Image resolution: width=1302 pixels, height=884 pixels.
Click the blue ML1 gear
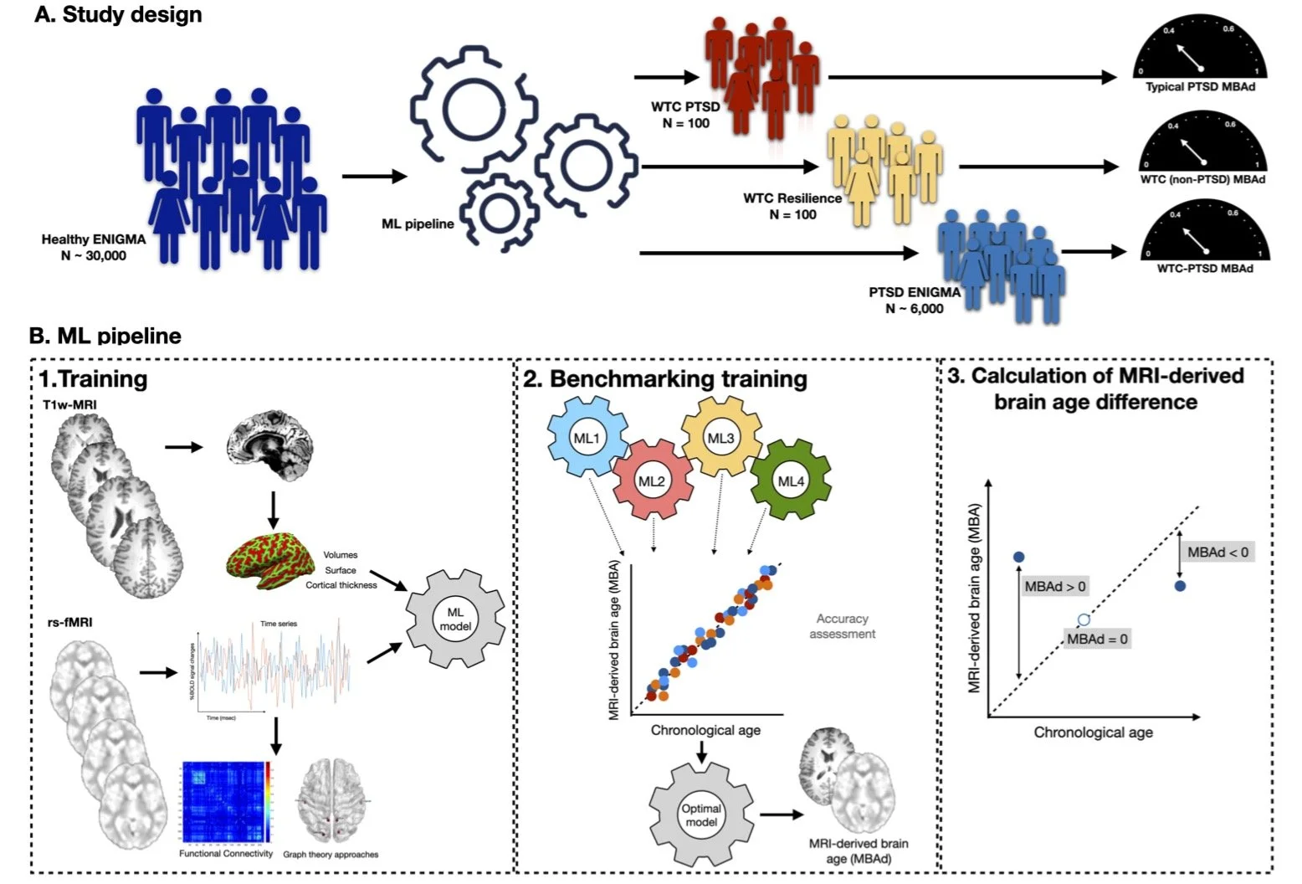click(587, 437)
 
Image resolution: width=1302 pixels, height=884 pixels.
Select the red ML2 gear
click(651, 481)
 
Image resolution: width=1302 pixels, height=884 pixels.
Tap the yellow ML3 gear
click(720, 437)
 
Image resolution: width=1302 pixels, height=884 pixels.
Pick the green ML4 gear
click(790, 481)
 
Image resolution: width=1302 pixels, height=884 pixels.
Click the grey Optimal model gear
click(701, 815)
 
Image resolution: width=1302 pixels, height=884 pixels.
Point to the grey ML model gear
click(455, 619)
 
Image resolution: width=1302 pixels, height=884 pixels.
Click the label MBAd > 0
click(1055, 587)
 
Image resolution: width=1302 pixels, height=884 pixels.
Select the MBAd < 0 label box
click(1217, 552)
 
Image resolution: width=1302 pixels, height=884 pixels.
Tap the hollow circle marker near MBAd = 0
click(1084, 620)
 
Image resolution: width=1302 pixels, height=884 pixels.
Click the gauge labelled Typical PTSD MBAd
click(1200, 54)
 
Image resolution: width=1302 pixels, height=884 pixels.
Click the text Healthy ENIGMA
click(94, 239)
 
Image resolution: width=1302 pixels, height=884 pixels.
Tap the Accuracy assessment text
click(842, 626)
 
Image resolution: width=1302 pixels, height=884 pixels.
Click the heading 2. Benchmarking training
click(666, 379)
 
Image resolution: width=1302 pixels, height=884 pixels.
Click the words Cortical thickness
click(341, 585)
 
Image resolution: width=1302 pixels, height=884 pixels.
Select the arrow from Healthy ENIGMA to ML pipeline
click(374, 176)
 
